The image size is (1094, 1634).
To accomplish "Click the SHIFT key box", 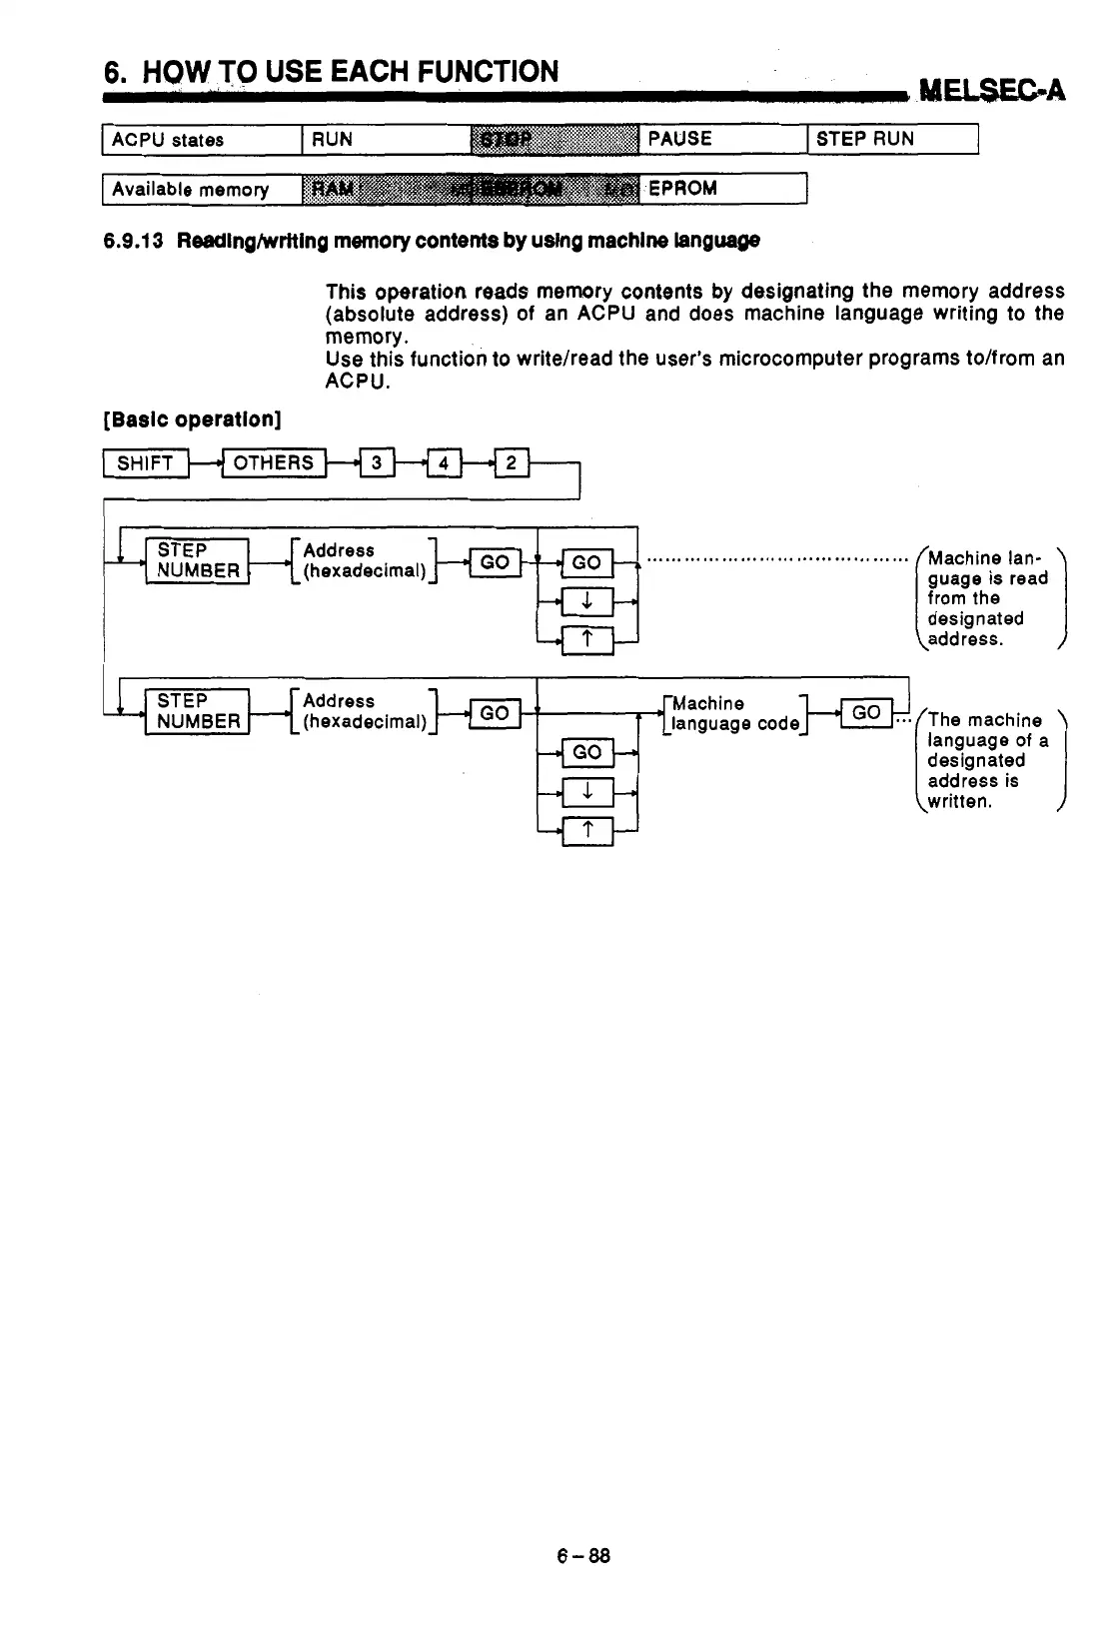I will (146, 463).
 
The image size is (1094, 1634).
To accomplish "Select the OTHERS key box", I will (274, 463).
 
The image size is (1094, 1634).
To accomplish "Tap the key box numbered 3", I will (377, 463).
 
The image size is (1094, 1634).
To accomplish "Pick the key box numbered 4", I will (444, 463).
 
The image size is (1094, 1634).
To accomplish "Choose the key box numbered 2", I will (511, 463).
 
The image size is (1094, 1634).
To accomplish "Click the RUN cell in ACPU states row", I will (385, 140).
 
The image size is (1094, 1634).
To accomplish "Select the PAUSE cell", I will (721, 139).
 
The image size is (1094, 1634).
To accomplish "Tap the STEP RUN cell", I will (891, 139).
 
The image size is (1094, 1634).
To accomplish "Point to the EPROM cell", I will (721, 189).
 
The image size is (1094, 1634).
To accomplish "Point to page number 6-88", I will (583, 1556).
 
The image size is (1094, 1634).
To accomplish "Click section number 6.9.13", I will (133, 241).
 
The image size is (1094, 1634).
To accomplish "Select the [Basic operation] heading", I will (192, 419).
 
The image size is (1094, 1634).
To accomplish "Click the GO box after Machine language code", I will (866, 712).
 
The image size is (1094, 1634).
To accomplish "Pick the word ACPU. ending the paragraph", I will (359, 382).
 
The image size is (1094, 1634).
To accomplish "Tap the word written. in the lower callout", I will (959, 802).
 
